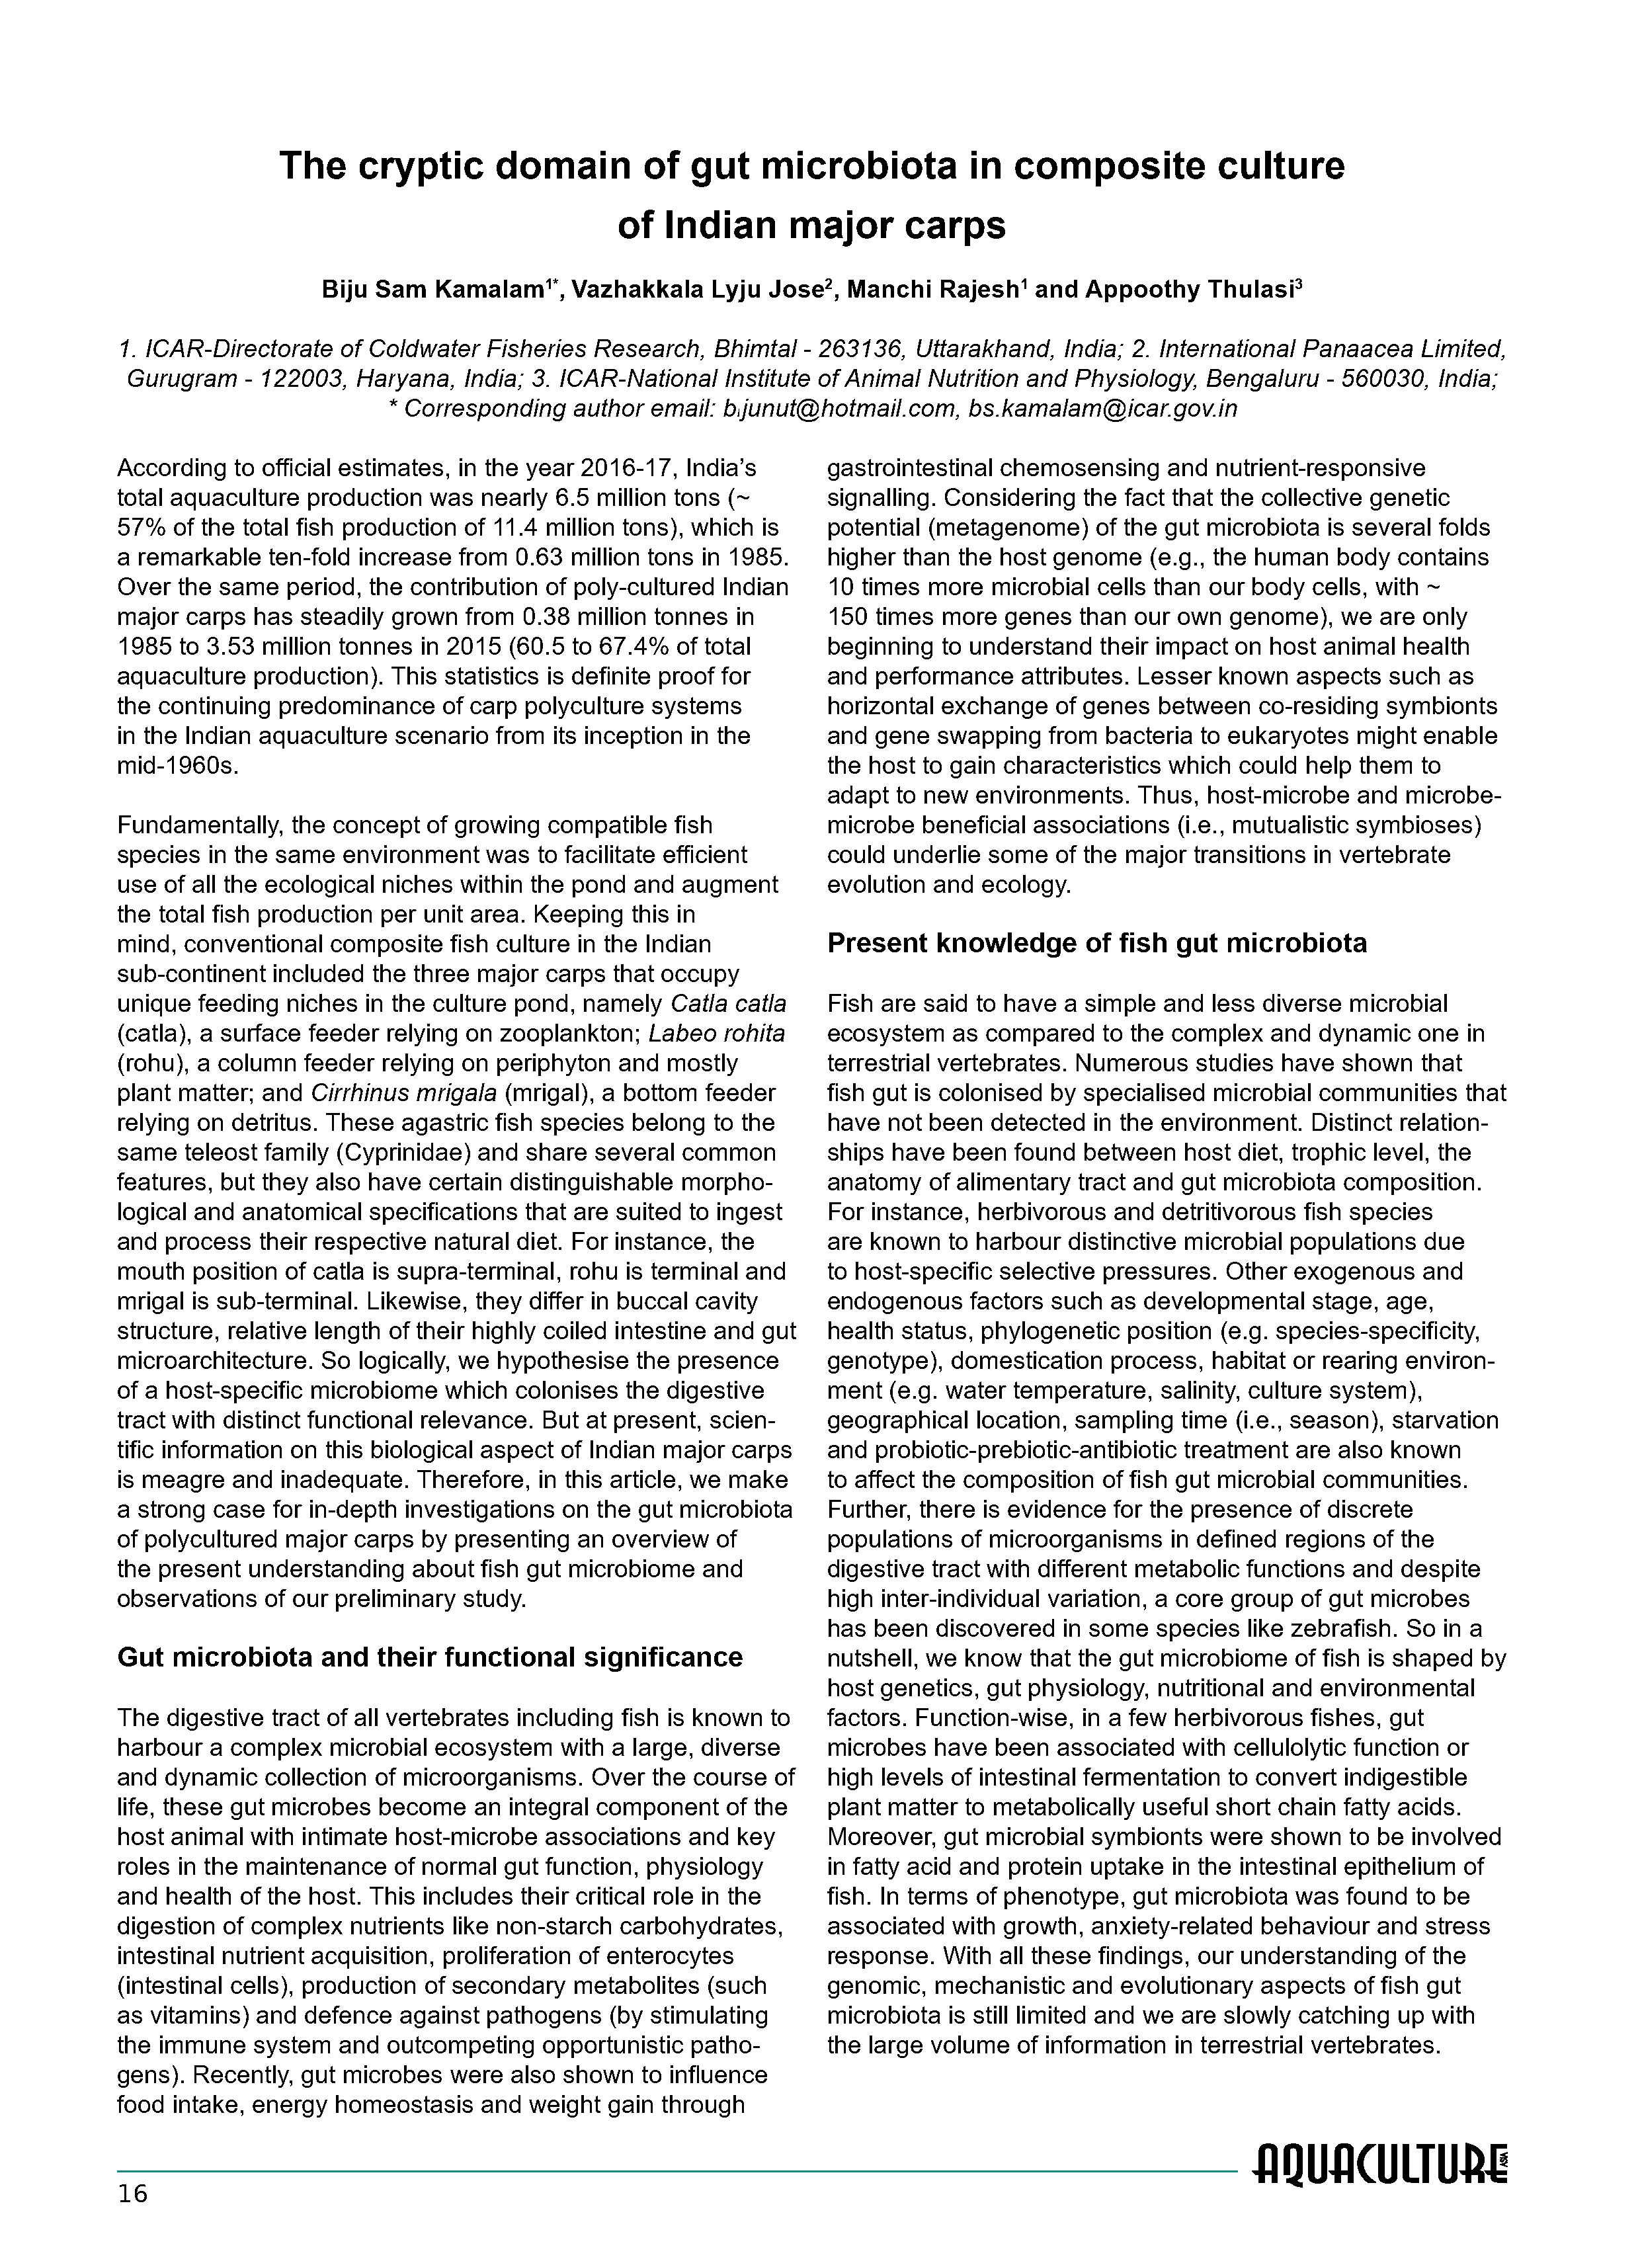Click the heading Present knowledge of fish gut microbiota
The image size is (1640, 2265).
click(x=1096, y=943)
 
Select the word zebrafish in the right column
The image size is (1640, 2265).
click(x=1344, y=1629)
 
